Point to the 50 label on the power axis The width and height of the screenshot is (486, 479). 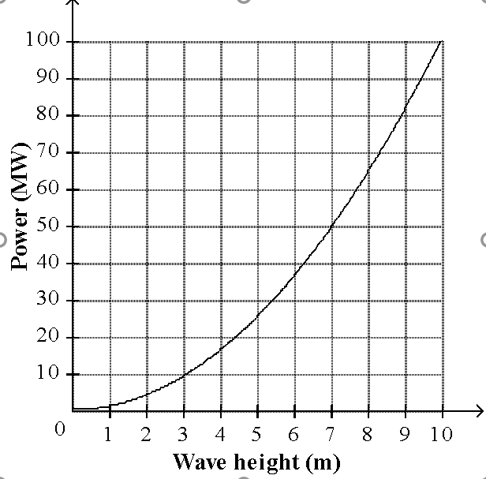[x=48, y=226]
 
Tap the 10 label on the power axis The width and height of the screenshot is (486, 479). [x=48, y=373]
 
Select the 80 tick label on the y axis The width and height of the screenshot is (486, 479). [x=48, y=114]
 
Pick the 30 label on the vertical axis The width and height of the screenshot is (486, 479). [x=48, y=300]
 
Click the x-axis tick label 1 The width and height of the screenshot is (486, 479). [x=109, y=433]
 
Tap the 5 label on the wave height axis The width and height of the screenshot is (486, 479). [x=257, y=433]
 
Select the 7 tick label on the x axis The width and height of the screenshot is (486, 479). [x=331, y=433]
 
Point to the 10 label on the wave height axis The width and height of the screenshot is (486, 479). [x=442, y=433]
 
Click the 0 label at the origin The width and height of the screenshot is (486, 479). [x=60, y=428]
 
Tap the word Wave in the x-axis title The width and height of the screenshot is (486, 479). [x=198, y=461]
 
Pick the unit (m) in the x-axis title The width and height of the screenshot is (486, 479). [x=323, y=461]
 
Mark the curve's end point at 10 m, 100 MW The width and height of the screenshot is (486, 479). [x=442, y=41]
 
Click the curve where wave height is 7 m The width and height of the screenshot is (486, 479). [x=331, y=226]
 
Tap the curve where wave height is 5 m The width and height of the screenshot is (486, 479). [x=257, y=317]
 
